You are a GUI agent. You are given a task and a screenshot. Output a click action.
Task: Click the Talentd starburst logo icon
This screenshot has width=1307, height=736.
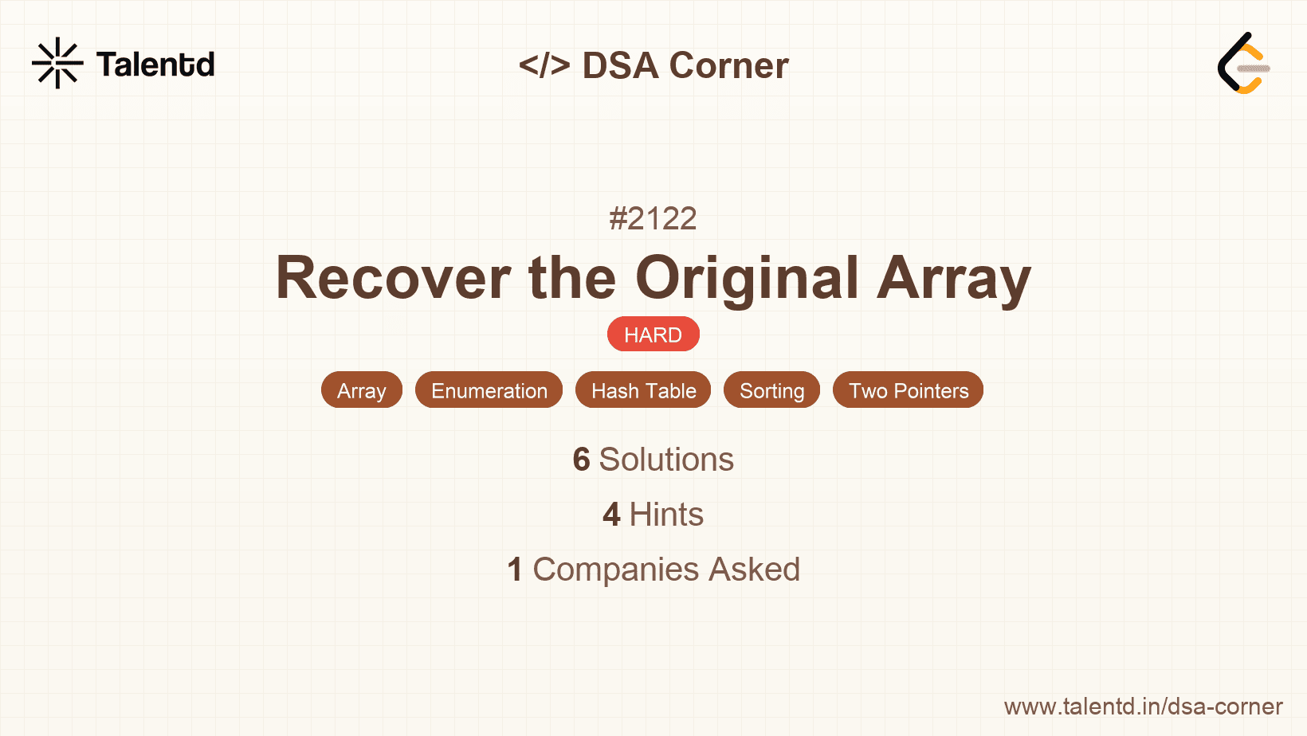(57, 63)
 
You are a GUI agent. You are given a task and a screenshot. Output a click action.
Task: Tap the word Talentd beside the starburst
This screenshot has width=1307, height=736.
(155, 64)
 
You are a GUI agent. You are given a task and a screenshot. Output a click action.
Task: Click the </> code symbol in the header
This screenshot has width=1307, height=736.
(544, 65)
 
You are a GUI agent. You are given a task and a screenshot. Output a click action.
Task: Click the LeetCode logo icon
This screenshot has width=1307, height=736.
(1243, 63)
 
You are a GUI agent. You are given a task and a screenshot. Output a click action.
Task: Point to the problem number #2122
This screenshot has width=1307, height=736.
(653, 219)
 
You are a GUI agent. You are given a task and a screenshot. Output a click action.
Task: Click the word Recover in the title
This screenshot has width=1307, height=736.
(393, 278)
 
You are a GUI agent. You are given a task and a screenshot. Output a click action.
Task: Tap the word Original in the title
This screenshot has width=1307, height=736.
(747, 279)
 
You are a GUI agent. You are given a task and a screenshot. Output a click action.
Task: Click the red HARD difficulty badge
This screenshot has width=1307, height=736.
(653, 335)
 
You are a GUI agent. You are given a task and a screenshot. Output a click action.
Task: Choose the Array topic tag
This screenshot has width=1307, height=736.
(362, 390)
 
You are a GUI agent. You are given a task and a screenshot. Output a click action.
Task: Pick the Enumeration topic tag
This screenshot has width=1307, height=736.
(489, 390)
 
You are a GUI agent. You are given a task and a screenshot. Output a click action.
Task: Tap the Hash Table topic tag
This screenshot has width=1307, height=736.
(644, 390)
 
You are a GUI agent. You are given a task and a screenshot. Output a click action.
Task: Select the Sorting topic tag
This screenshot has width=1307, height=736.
(772, 390)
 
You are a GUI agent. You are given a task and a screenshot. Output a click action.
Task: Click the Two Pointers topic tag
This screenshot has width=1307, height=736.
(908, 390)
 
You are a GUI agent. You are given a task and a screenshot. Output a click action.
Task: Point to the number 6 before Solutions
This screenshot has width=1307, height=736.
(582, 459)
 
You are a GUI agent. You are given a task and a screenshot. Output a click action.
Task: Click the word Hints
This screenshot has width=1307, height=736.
(666, 515)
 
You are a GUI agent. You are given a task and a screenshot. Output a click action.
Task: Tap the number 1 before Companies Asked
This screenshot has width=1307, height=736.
(515, 570)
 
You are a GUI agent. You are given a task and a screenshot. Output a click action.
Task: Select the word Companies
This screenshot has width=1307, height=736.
(615, 570)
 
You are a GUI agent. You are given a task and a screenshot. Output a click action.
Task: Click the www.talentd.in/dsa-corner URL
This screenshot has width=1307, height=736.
(1143, 707)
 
